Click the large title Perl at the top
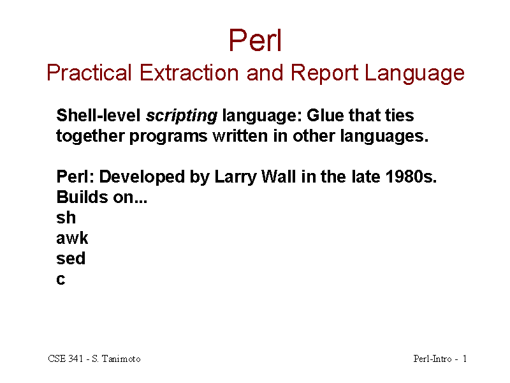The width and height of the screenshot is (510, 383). pyautogui.click(x=255, y=40)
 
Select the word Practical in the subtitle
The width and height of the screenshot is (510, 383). pyautogui.click(x=89, y=72)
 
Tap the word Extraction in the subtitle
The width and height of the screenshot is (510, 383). pyautogui.click(x=189, y=72)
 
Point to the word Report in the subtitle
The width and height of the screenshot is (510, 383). pyautogui.click(x=324, y=73)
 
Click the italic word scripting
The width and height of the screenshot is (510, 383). pyautogui.click(x=182, y=116)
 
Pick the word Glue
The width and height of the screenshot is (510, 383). pyautogui.click(x=325, y=116)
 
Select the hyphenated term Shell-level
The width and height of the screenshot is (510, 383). pyautogui.click(x=98, y=116)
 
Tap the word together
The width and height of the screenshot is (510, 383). pyautogui.click(x=91, y=136)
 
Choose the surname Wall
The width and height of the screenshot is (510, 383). pyautogui.click(x=279, y=177)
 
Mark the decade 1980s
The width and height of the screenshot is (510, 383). pyautogui.click(x=411, y=177)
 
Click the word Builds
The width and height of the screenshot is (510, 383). pyautogui.click(x=82, y=197)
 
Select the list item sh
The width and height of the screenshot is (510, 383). pyautogui.click(x=66, y=217)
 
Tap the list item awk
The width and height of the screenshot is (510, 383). pyautogui.click(x=72, y=237)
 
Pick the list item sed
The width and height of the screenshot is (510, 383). pyautogui.click(x=71, y=259)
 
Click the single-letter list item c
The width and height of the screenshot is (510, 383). pyautogui.click(x=61, y=280)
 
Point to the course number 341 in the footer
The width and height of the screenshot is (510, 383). pyautogui.click(x=76, y=359)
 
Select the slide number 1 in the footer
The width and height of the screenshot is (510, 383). pyautogui.click(x=465, y=359)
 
